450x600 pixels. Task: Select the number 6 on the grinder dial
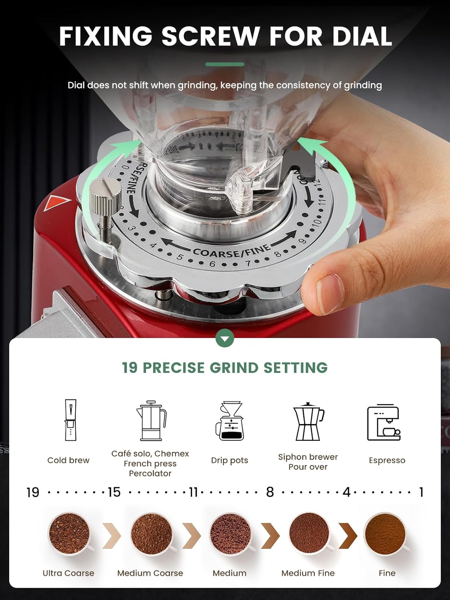(x=212, y=264)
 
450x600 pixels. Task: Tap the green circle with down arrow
(x=225, y=339)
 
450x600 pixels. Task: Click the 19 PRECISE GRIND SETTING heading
(x=225, y=368)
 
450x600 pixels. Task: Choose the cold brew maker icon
(x=70, y=420)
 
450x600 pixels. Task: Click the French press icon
(x=151, y=421)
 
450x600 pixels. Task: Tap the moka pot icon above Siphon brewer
(x=308, y=422)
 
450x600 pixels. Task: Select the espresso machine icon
(x=384, y=422)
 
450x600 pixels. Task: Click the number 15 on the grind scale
(x=114, y=492)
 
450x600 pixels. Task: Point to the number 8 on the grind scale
(x=270, y=492)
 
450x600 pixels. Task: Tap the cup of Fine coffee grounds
(x=385, y=534)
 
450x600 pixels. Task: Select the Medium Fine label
(x=308, y=573)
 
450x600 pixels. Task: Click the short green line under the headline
(x=225, y=64)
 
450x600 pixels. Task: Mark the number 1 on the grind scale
(x=421, y=492)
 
